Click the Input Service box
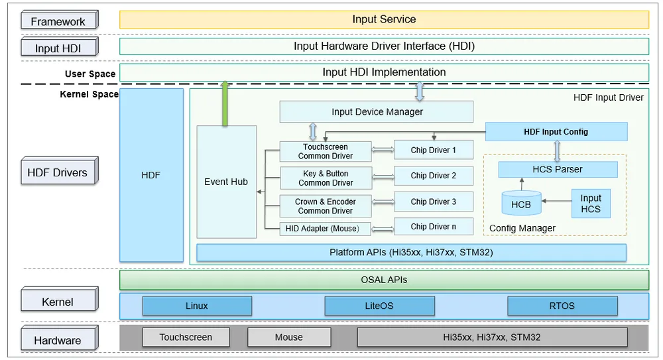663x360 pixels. [384, 19]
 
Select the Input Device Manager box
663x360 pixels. [377, 111]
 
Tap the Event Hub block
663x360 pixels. [226, 182]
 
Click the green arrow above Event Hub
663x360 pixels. [225, 103]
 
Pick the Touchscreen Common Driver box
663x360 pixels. [326, 151]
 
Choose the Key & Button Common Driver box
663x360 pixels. [326, 178]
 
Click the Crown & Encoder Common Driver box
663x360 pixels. [326, 206]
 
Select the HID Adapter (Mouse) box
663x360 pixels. [325, 229]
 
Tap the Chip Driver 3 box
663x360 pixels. [434, 202]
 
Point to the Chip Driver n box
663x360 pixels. [434, 227]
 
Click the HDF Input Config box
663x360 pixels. [556, 132]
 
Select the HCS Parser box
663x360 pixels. [558, 169]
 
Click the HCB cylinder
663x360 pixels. [521, 203]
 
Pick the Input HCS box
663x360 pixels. [591, 204]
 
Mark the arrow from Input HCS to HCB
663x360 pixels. [556, 201]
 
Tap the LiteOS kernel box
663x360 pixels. [379, 306]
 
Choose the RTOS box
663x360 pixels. [562, 306]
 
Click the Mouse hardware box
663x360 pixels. [289, 337]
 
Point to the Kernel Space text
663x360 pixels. [90, 94]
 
